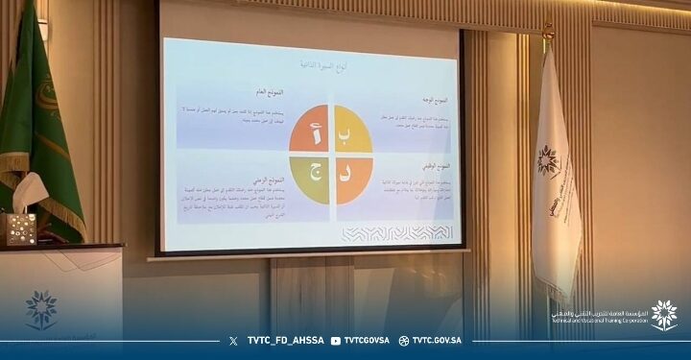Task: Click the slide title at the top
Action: [317, 62]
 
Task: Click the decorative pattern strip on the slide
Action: [395, 233]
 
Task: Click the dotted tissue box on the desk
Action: [17, 228]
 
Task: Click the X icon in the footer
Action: [234, 341]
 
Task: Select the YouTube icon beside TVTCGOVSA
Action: [335, 341]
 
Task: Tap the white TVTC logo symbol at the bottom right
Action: [663, 315]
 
